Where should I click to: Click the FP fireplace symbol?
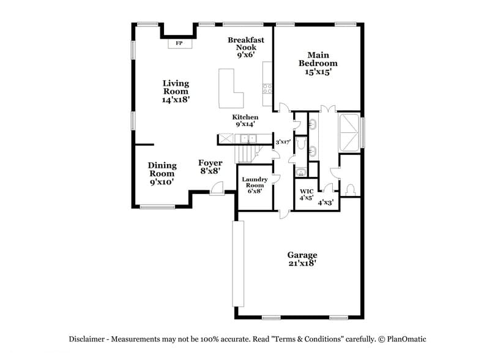click(x=179, y=43)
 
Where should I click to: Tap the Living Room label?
click(x=176, y=91)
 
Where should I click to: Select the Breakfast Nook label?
click(x=246, y=47)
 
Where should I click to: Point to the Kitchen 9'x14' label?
click(x=245, y=121)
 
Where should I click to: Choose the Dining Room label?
click(x=162, y=173)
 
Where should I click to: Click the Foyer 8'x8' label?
click(x=210, y=167)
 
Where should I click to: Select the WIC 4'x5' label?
click(x=306, y=195)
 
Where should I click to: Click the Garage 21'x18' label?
click(x=302, y=259)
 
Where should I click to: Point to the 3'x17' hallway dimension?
click(x=283, y=142)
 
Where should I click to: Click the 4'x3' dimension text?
click(x=326, y=202)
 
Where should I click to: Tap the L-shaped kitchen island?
click(x=231, y=89)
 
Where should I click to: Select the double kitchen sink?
click(x=247, y=140)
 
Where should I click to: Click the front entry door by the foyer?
click(x=217, y=192)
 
